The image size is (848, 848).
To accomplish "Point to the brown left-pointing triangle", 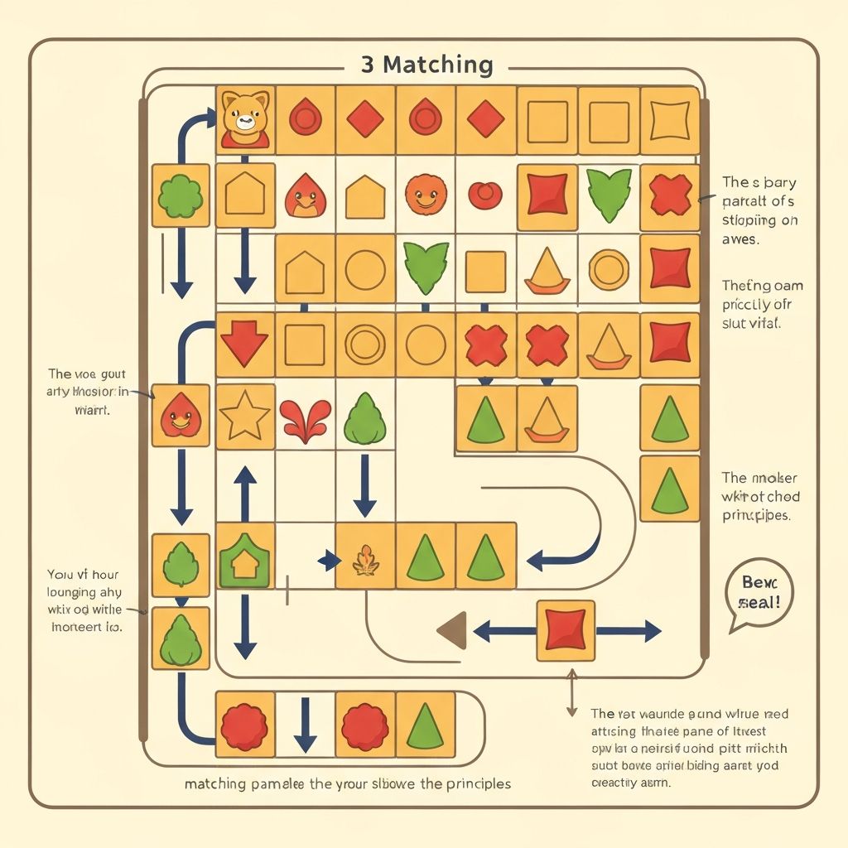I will coord(452,631).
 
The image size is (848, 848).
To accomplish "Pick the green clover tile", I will coord(181,196).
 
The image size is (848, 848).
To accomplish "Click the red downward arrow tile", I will coord(244,344).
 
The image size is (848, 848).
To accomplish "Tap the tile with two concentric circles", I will coord(365,344).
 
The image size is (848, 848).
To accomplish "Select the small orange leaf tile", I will coord(365,560).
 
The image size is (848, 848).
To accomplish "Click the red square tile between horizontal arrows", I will coord(566,631).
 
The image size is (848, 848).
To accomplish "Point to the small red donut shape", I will coord(485,195).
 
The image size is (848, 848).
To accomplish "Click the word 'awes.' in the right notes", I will coord(741,239).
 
